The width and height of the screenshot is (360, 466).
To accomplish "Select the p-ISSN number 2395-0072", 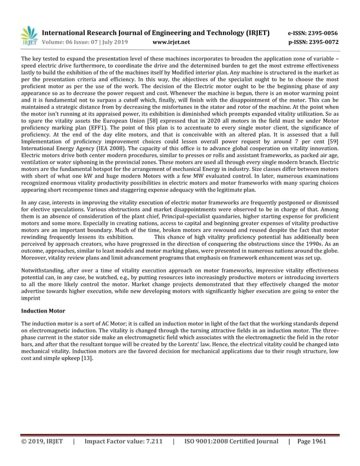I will (321, 42).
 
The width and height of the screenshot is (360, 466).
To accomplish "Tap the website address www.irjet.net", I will (172, 42).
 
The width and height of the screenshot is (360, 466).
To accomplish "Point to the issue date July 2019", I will (112, 42).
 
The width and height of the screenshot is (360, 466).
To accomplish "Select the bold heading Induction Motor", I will (43, 311).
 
